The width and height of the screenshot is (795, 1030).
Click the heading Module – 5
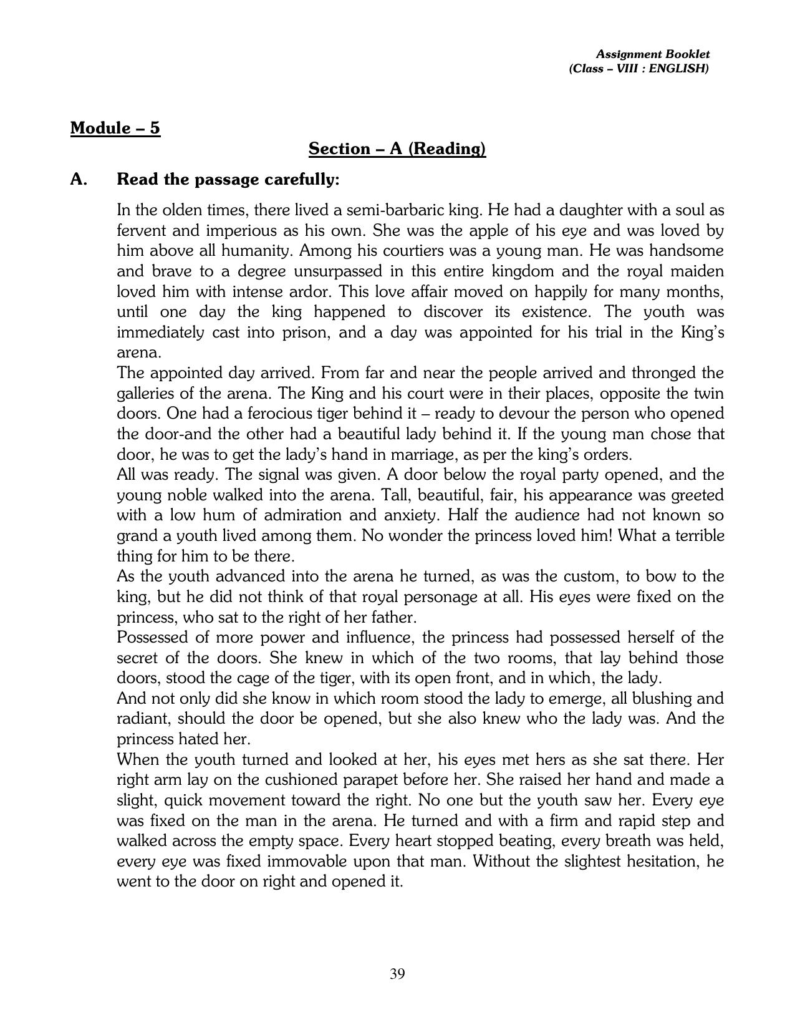[115, 128]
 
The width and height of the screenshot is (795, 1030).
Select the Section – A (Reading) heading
[397, 148]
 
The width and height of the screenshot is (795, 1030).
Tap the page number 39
[397, 974]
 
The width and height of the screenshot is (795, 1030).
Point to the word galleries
[149, 393]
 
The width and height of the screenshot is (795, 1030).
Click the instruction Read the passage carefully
[228, 180]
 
